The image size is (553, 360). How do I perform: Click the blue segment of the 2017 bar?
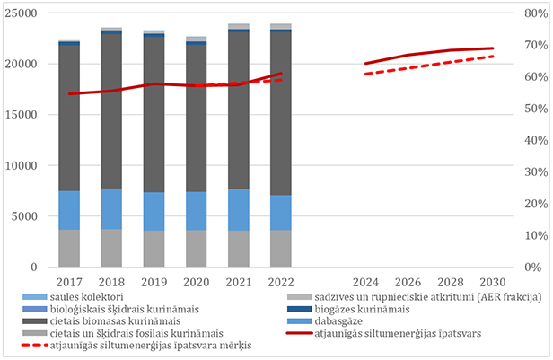69,210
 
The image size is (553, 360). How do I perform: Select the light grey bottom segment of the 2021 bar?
239,249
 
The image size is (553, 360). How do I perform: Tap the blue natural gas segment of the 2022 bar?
281,213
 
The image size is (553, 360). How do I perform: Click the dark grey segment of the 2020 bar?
196,118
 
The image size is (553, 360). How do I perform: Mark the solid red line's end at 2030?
492,48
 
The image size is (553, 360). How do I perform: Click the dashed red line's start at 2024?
365,74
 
